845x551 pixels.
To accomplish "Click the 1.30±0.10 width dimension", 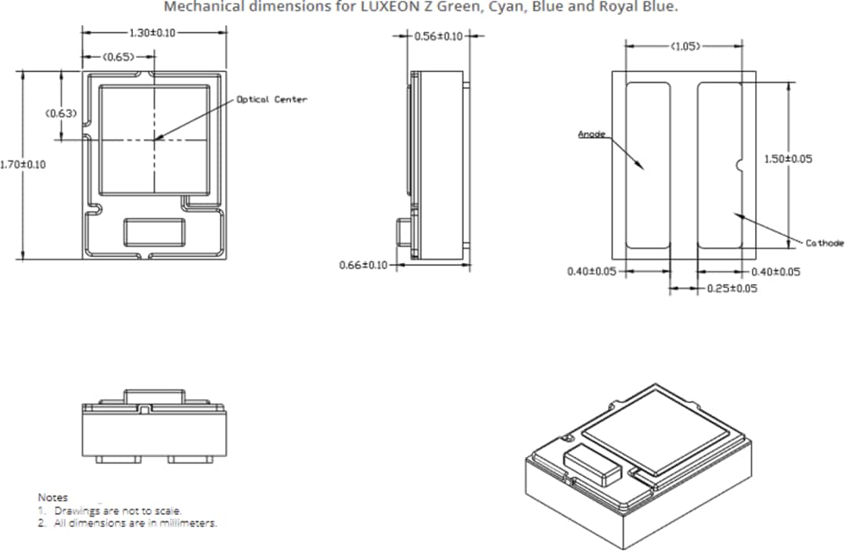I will [153, 33].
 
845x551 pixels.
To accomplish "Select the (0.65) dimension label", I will [118, 56].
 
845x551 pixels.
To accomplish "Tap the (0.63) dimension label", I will [60, 113].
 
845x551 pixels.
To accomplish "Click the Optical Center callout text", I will [272, 99].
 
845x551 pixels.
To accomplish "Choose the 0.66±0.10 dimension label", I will [364, 265].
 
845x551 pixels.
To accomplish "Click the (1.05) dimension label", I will [685, 46].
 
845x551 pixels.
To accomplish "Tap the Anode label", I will [591, 135].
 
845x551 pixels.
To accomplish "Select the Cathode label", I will [825, 243].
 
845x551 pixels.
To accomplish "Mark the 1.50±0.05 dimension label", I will [788, 159].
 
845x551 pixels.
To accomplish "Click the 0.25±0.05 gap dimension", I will [732, 289].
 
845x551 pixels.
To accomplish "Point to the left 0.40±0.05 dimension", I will [591, 272].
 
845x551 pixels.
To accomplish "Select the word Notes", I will [52, 497].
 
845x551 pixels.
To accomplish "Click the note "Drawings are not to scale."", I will [117, 510].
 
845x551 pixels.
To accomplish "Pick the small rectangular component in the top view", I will [153, 232].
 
